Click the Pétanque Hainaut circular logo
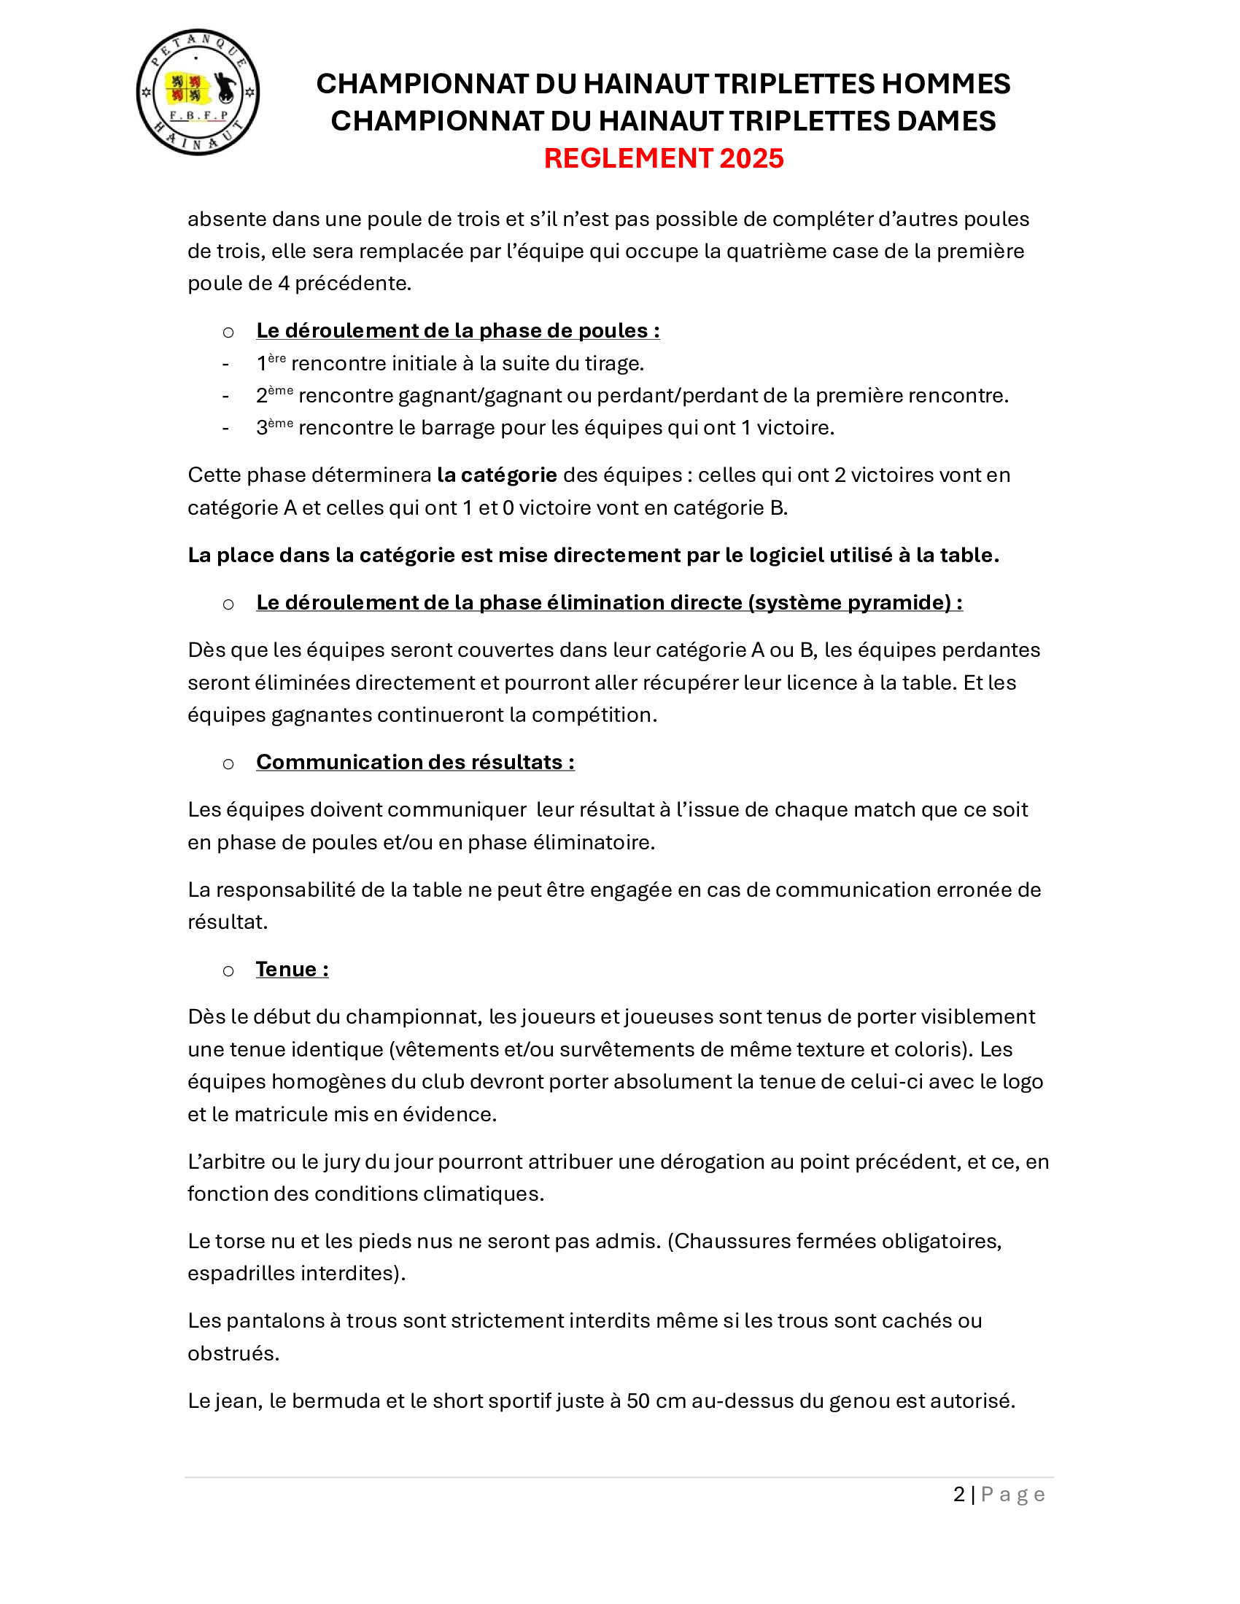point(198,93)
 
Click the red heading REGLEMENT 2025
point(663,159)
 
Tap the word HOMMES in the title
point(945,85)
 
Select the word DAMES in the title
point(943,121)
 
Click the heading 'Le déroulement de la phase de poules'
point(457,330)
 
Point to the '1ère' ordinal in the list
point(271,363)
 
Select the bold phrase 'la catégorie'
point(497,475)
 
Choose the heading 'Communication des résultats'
point(414,763)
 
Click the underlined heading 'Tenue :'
point(292,970)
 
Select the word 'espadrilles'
point(238,1274)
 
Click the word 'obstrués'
point(233,1354)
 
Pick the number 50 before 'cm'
point(638,1401)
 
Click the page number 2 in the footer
point(958,1495)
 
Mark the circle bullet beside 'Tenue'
point(228,971)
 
